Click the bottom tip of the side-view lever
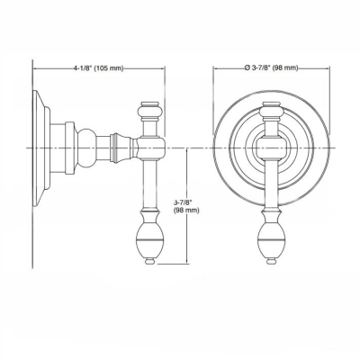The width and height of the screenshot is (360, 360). tap(149, 263)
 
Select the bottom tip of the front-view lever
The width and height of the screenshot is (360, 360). tap(270, 263)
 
